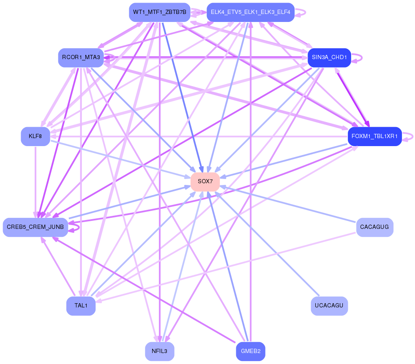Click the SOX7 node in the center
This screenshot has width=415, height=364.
(x=205, y=182)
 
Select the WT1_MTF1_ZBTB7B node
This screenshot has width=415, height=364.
(x=159, y=12)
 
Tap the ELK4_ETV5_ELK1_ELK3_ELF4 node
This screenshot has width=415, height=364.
(x=250, y=12)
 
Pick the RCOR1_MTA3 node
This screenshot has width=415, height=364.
(x=81, y=57)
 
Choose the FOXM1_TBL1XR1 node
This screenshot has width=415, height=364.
(x=374, y=136)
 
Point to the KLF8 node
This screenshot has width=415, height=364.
(x=35, y=136)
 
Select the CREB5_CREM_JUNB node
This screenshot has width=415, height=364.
(x=35, y=227)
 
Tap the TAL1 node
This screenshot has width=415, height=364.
(x=81, y=306)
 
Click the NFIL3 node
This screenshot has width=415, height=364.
(x=159, y=351)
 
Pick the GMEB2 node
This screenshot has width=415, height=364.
(x=250, y=351)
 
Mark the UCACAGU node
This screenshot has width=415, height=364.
(x=329, y=306)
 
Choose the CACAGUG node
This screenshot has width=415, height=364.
(x=374, y=227)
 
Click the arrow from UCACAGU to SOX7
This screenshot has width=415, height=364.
(x=270, y=249)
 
